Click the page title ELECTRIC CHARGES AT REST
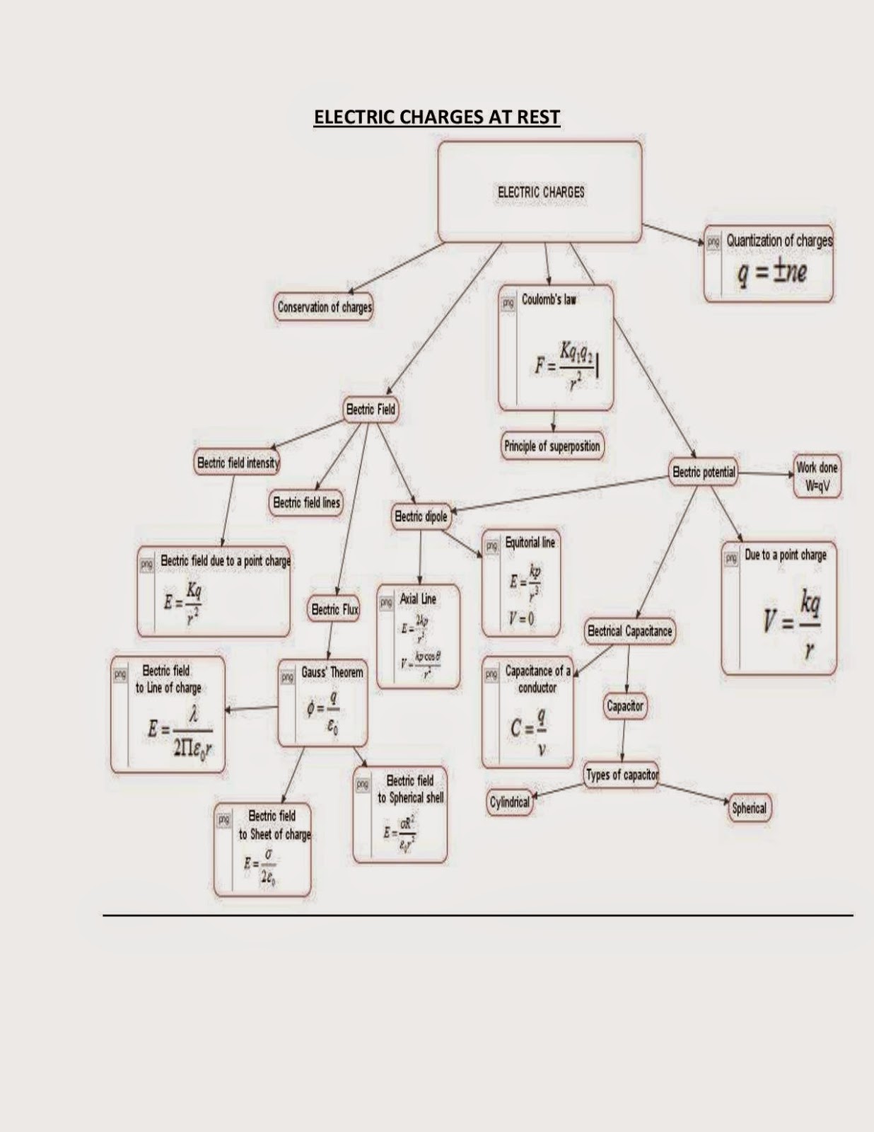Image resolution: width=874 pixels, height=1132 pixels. [437, 117]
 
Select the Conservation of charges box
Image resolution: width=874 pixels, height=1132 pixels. [324, 307]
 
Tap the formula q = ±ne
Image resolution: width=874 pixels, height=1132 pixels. [772, 272]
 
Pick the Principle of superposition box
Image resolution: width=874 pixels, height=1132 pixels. [552, 446]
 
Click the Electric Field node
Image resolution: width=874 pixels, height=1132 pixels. [371, 410]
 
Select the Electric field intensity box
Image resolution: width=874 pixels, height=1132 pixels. [238, 463]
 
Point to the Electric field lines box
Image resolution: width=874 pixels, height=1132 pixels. [306, 503]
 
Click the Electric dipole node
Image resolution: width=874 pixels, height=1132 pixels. [421, 516]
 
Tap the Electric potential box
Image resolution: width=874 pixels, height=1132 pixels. [704, 472]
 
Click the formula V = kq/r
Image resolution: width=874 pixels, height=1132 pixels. [792, 621]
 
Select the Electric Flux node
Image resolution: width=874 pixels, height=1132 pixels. [334, 609]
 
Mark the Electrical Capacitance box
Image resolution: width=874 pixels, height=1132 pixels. [629, 631]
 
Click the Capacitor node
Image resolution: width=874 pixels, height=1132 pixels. [625, 706]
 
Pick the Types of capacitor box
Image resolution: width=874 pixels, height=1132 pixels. [622, 775]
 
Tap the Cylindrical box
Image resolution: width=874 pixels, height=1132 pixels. [509, 802]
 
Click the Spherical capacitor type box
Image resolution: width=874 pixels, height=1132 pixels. [749, 808]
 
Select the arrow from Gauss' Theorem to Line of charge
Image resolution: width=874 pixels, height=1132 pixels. [251, 709]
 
